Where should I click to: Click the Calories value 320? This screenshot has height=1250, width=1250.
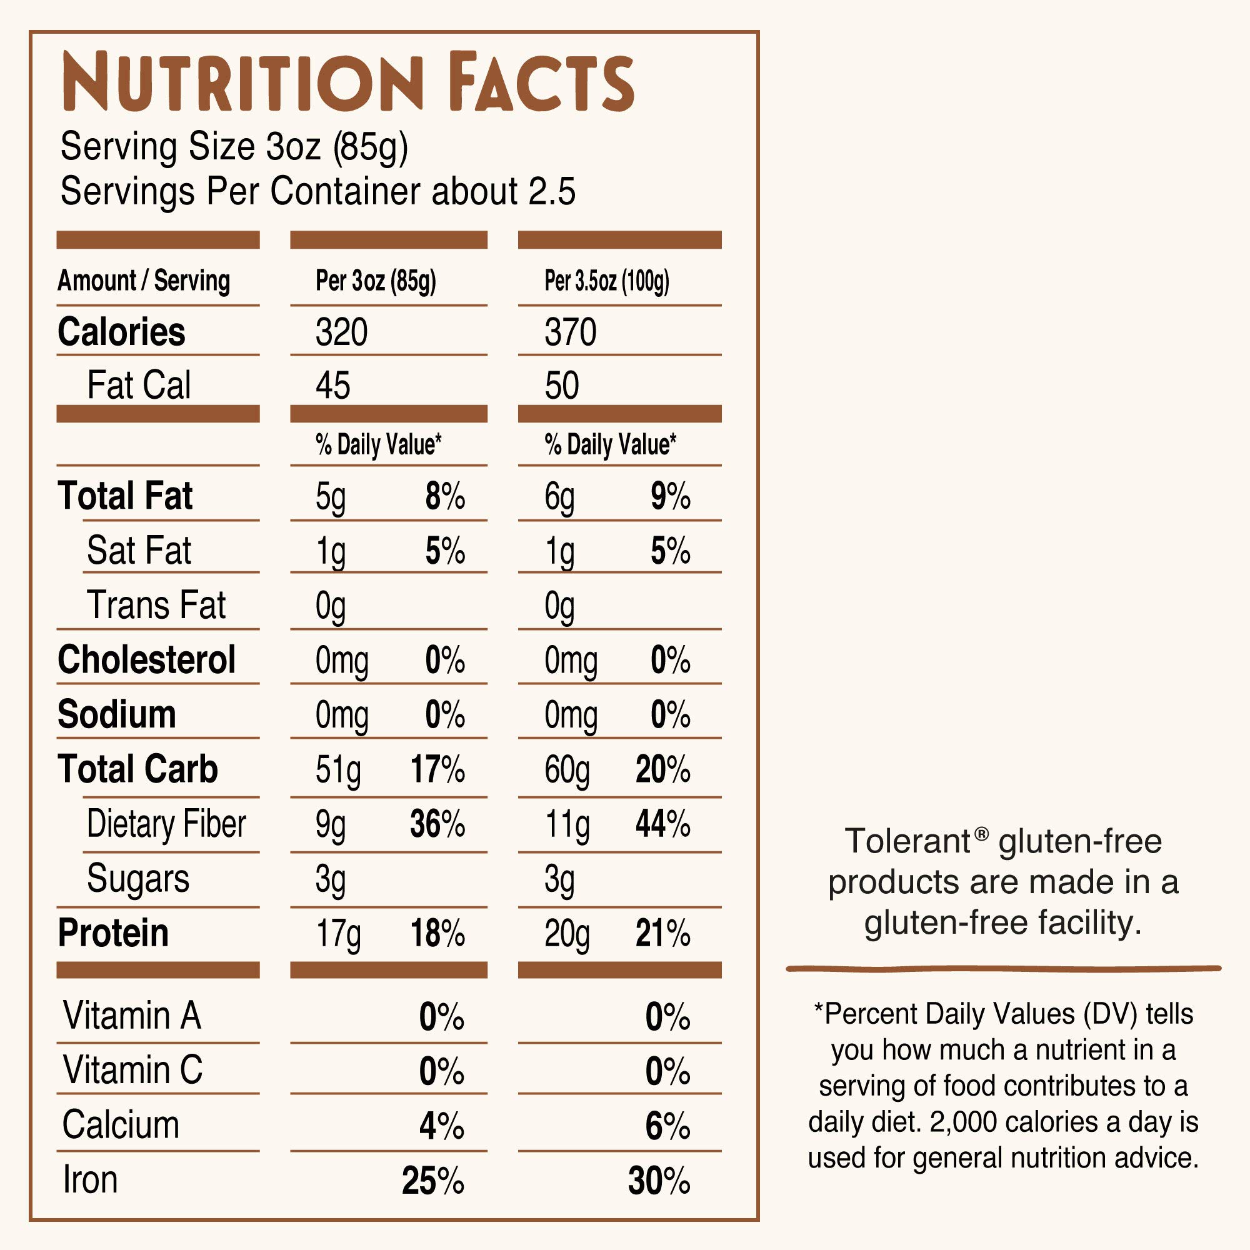(x=341, y=332)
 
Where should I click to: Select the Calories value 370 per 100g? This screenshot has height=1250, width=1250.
(x=570, y=332)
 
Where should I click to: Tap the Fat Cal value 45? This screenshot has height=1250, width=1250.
(x=332, y=386)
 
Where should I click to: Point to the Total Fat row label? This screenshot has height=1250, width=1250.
(x=125, y=496)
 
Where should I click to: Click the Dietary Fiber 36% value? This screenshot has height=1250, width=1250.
(x=437, y=824)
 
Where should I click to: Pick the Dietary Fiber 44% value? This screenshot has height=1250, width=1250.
(x=662, y=824)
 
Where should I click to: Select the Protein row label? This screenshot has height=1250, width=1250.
(x=113, y=933)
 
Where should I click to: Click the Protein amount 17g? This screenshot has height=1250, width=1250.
(x=337, y=934)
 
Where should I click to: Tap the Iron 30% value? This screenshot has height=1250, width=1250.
(x=659, y=1181)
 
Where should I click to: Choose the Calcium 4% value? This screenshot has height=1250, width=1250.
(x=441, y=1126)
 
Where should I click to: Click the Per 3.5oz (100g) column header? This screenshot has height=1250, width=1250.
(x=606, y=281)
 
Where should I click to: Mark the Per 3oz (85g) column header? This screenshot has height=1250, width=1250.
(x=375, y=281)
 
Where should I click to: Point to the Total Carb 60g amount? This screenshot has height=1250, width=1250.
(x=567, y=771)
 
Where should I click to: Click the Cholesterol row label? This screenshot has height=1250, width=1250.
(x=146, y=660)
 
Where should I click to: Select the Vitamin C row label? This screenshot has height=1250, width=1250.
(x=132, y=1070)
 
